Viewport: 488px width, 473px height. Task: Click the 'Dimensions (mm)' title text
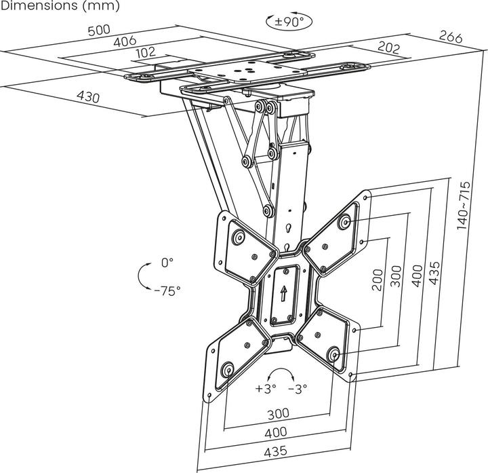point(60,6)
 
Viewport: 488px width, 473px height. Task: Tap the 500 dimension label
point(99,30)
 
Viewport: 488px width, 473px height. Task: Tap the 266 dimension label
point(451,37)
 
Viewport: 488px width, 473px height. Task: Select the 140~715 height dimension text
point(464,204)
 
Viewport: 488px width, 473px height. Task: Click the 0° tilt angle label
point(167,262)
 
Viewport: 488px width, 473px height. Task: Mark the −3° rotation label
point(297,389)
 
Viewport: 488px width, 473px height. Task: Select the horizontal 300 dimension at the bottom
point(278,413)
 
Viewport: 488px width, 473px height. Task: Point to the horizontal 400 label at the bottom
point(277,432)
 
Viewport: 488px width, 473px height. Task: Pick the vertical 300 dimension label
point(396,276)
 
